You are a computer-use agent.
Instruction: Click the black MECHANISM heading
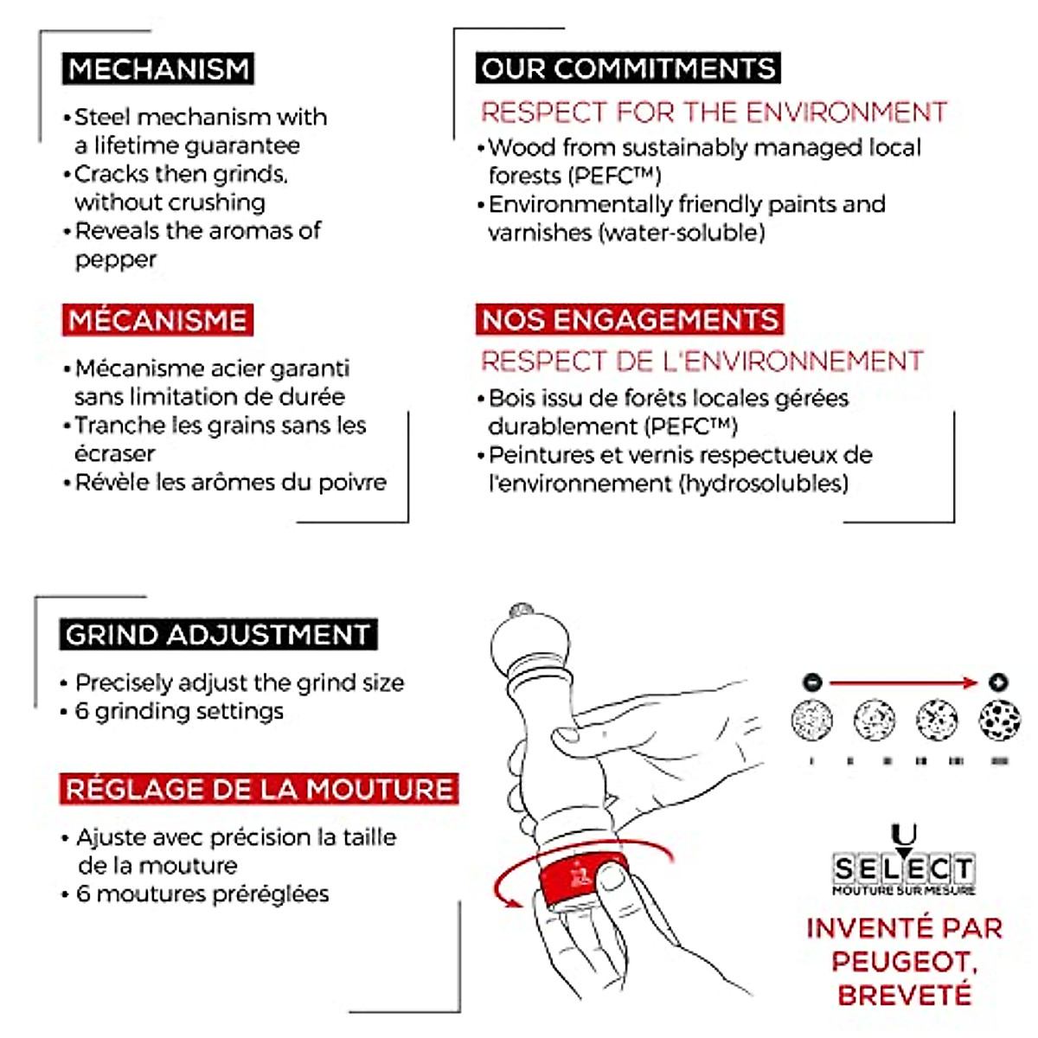coord(158,69)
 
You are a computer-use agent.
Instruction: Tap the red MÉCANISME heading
coord(157,320)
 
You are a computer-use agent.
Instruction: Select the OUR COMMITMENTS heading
coord(628,69)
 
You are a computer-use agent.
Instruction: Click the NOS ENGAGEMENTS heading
coord(630,320)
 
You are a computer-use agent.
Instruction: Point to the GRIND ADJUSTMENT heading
coord(218,635)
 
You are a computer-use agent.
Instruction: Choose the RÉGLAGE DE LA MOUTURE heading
coord(259,789)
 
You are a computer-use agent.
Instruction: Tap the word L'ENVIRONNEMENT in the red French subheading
coord(789,361)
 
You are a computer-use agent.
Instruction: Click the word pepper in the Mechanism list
coord(116,260)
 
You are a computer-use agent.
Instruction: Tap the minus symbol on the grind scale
coord(811,682)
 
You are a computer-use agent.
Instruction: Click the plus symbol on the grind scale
coord(997,682)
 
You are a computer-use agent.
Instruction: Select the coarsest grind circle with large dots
coord(999,720)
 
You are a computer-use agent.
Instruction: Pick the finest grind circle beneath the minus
coord(812,720)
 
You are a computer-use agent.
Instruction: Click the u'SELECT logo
coord(904,865)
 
